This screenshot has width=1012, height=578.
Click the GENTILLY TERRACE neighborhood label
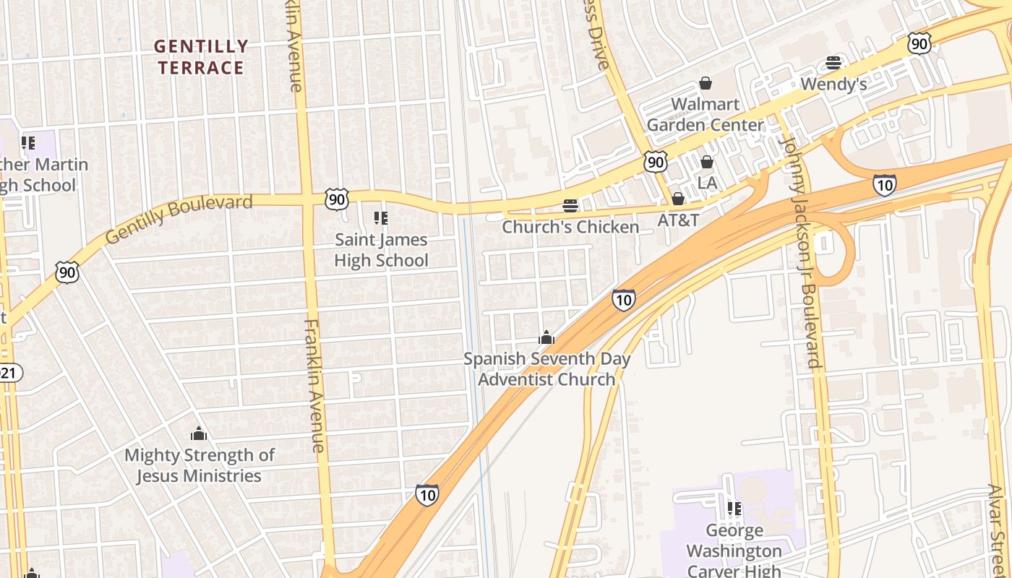tap(201, 57)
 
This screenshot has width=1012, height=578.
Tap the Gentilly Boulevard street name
tap(179, 218)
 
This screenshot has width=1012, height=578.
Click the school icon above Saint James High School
tap(381, 217)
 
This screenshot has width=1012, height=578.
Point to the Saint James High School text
tap(381, 250)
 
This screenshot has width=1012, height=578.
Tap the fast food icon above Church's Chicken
tap(570, 206)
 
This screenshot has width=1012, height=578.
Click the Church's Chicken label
tap(570, 227)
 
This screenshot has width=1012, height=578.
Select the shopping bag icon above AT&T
tap(678, 198)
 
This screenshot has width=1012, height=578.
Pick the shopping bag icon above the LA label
tap(707, 162)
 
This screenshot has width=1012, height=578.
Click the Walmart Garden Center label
tap(705, 114)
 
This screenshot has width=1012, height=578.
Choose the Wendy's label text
tap(833, 84)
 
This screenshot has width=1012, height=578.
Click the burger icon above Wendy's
tap(833, 63)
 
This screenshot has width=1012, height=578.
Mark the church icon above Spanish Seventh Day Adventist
tap(546, 337)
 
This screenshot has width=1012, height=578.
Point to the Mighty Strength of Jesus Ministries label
tap(200, 465)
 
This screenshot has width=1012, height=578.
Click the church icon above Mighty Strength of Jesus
tap(199, 433)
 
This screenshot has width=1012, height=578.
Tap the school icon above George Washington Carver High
tap(734, 509)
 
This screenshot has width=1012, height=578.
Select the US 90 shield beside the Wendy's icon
tap(919, 43)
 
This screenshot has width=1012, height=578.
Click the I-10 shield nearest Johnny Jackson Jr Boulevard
tap(884, 185)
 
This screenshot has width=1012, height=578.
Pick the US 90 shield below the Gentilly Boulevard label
tap(67, 272)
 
